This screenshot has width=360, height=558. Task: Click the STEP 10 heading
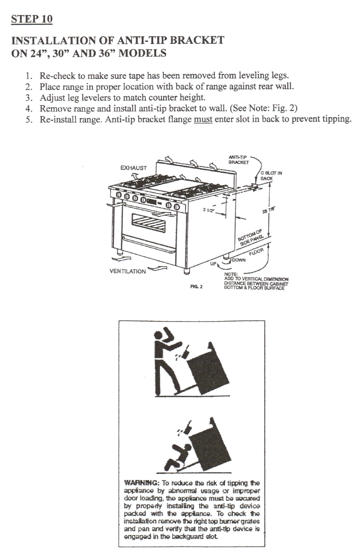coord(31,19)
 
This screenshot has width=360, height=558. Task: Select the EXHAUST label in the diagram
coord(133,168)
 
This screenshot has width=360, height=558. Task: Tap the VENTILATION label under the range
coord(128,271)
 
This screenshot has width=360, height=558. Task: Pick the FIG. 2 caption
coord(196,287)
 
